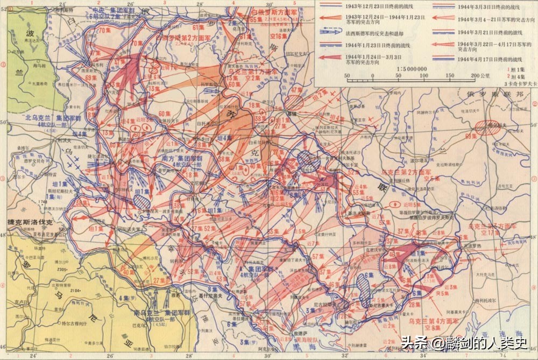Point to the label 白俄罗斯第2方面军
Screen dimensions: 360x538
point(178,38)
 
